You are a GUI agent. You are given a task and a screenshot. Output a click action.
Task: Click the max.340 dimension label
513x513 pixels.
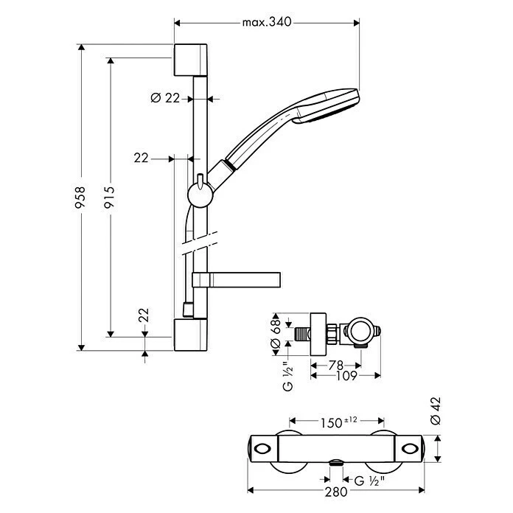(267, 22)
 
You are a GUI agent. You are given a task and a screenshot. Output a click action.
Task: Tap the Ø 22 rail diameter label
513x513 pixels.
(165, 98)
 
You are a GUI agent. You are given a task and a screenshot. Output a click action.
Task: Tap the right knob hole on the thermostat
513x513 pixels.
(410, 448)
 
